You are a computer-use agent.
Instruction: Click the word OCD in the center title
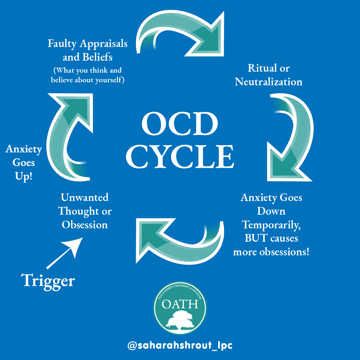(x=180, y=124)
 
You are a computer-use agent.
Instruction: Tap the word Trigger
(x=49, y=281)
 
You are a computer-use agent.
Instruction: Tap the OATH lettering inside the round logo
(x=180, y=304)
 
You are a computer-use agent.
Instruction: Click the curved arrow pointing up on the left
(x=70, y=133)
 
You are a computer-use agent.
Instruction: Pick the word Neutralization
(x=269, y=82)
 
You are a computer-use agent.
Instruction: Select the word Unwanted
(x=85, y=197)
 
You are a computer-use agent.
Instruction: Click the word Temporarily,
(x=272, y=225)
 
